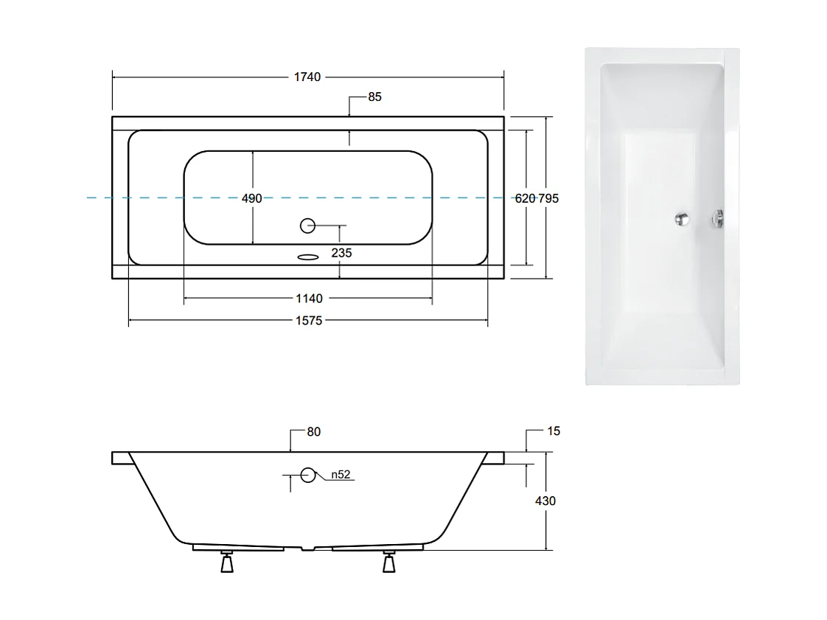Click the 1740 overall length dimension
tap(307, 77)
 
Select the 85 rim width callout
tap(374, 97)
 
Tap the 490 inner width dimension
tap(251, 198)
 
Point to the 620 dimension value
tap(525, 198)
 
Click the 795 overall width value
tap(548, 198)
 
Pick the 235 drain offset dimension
tap(341, 253)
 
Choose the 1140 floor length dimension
tap(309, 299)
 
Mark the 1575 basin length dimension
tap(309, 320)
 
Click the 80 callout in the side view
tap(313, 431)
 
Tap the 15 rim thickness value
tap(554, 431)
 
